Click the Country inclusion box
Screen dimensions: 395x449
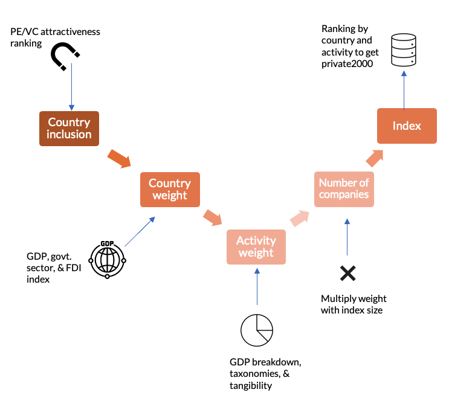69,129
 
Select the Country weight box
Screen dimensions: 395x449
170,190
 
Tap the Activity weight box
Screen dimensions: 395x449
256,246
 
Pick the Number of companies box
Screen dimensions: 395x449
344,188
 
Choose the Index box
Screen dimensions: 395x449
407,126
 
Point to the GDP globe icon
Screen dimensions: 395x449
107,260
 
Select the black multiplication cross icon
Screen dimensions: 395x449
347,273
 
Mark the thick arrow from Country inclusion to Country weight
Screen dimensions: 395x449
118,159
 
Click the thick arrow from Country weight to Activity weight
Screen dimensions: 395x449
212,217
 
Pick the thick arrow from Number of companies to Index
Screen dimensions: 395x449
374,159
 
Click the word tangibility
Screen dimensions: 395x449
251,386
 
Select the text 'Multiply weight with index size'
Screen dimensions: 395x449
354,304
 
